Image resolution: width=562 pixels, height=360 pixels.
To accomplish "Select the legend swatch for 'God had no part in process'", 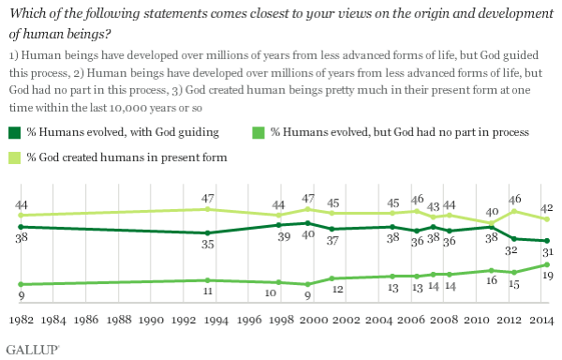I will [259, 133].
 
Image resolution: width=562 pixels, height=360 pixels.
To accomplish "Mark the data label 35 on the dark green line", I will [209, 245].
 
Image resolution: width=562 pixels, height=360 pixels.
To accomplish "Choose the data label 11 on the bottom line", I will [209, 292].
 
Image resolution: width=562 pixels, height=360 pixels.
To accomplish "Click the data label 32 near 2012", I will [513, 250].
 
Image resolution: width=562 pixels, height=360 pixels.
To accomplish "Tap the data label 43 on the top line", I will [433, 206].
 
